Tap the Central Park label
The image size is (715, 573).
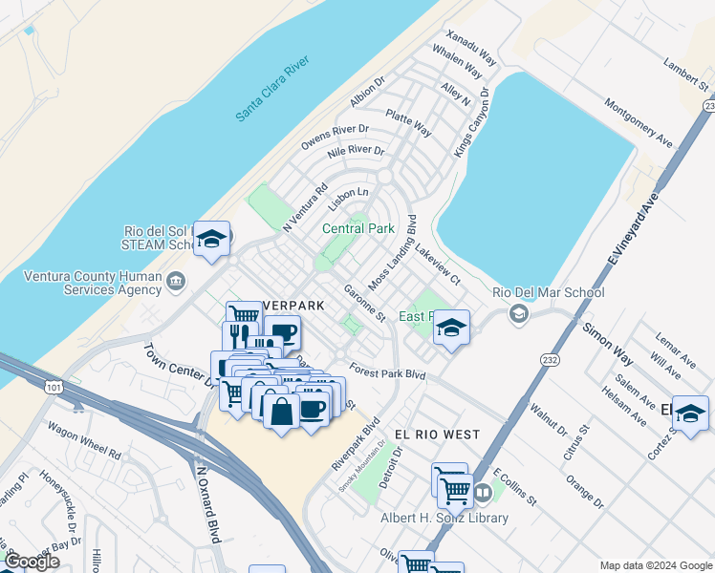click(357, 229)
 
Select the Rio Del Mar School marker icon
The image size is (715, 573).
click(519, 313)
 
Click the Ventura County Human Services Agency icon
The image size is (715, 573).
click(176, 281)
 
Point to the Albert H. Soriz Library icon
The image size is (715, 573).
click(484, 494)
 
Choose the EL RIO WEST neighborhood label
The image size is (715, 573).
click(437, 435)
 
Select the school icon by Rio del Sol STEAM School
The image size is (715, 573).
click(213, 239)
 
